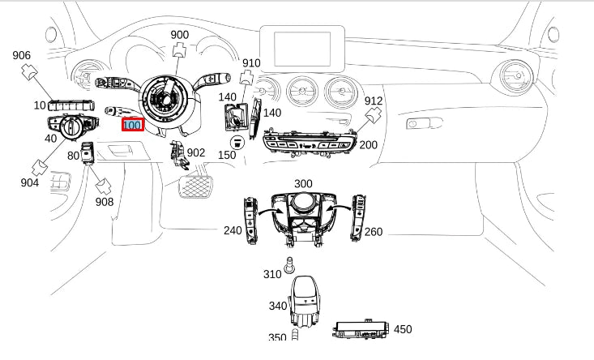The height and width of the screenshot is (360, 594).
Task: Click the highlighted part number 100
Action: tap(132, 126)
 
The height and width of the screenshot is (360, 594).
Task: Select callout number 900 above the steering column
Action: tap(179, 35)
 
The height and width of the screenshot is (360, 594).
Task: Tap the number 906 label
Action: tap(21, 56)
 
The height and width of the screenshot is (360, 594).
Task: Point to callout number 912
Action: tap(373, 101)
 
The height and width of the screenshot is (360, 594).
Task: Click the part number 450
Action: tap(403, 329)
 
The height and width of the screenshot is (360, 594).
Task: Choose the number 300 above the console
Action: tap(303, 184)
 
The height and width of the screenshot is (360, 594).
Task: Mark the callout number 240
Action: tap(233, 231)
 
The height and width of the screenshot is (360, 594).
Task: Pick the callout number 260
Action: tap(374, 232)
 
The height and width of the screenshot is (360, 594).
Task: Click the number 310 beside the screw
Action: tap(272, 275)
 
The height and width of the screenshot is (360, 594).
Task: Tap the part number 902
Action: tap(195, 152)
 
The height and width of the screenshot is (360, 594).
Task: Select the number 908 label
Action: tap(105, 201)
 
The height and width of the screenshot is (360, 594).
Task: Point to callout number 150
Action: tap(227, 154)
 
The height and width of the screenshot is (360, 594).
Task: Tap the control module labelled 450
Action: tap(361, 329)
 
